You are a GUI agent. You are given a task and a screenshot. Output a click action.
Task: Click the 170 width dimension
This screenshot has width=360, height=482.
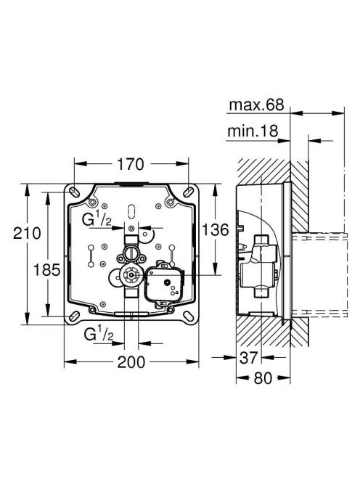131,164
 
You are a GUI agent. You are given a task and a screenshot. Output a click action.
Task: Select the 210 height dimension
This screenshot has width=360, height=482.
27,233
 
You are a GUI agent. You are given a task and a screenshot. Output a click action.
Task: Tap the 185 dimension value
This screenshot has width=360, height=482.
46,270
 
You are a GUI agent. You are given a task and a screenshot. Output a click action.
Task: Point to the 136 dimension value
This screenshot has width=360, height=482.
216,229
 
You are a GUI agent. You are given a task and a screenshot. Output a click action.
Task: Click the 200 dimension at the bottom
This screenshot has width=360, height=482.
131,362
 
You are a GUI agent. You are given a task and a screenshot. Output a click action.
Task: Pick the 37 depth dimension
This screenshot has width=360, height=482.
248,358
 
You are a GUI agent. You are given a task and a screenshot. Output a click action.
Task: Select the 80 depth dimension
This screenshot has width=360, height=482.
263,378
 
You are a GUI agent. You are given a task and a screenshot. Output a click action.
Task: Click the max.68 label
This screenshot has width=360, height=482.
256,105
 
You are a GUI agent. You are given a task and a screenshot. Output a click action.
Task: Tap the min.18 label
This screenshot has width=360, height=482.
253,131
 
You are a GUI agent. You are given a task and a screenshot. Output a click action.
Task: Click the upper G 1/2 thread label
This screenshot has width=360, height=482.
97,219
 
